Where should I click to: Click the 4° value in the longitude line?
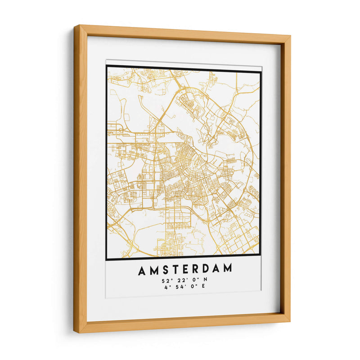tap(166, 287)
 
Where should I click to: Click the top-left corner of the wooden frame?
tap(75, 26)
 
